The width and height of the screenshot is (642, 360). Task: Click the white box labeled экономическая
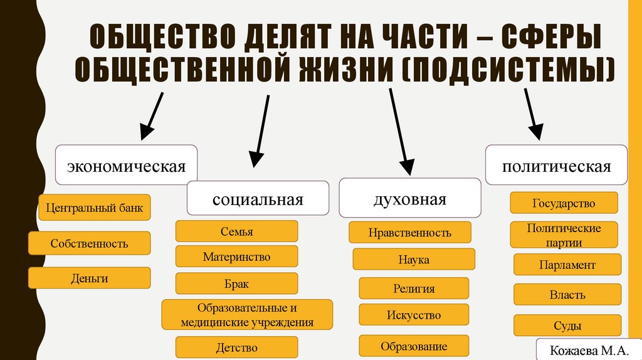[127, 165]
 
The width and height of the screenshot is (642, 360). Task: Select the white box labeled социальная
[258, 199]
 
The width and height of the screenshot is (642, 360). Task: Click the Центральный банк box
[95, 208]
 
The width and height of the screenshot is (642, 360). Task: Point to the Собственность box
[89, 243]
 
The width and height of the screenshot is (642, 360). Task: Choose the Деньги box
[89, 278]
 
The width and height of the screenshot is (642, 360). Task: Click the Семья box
[236, 231]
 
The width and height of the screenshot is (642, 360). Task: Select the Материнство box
[236, 257]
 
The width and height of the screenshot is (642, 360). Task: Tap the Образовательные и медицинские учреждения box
[246, 315]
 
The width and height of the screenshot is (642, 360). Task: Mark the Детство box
[236, 347]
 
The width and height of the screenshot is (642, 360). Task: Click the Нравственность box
[409, 233]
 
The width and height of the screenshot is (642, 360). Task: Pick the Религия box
[414, 289]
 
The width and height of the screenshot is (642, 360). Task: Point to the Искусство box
[414, 315]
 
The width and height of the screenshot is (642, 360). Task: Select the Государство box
[564, 203]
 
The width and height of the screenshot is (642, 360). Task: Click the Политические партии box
[564, 235]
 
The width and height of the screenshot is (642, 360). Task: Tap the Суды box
[567, 326]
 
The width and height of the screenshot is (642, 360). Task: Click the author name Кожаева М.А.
[582, 350]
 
